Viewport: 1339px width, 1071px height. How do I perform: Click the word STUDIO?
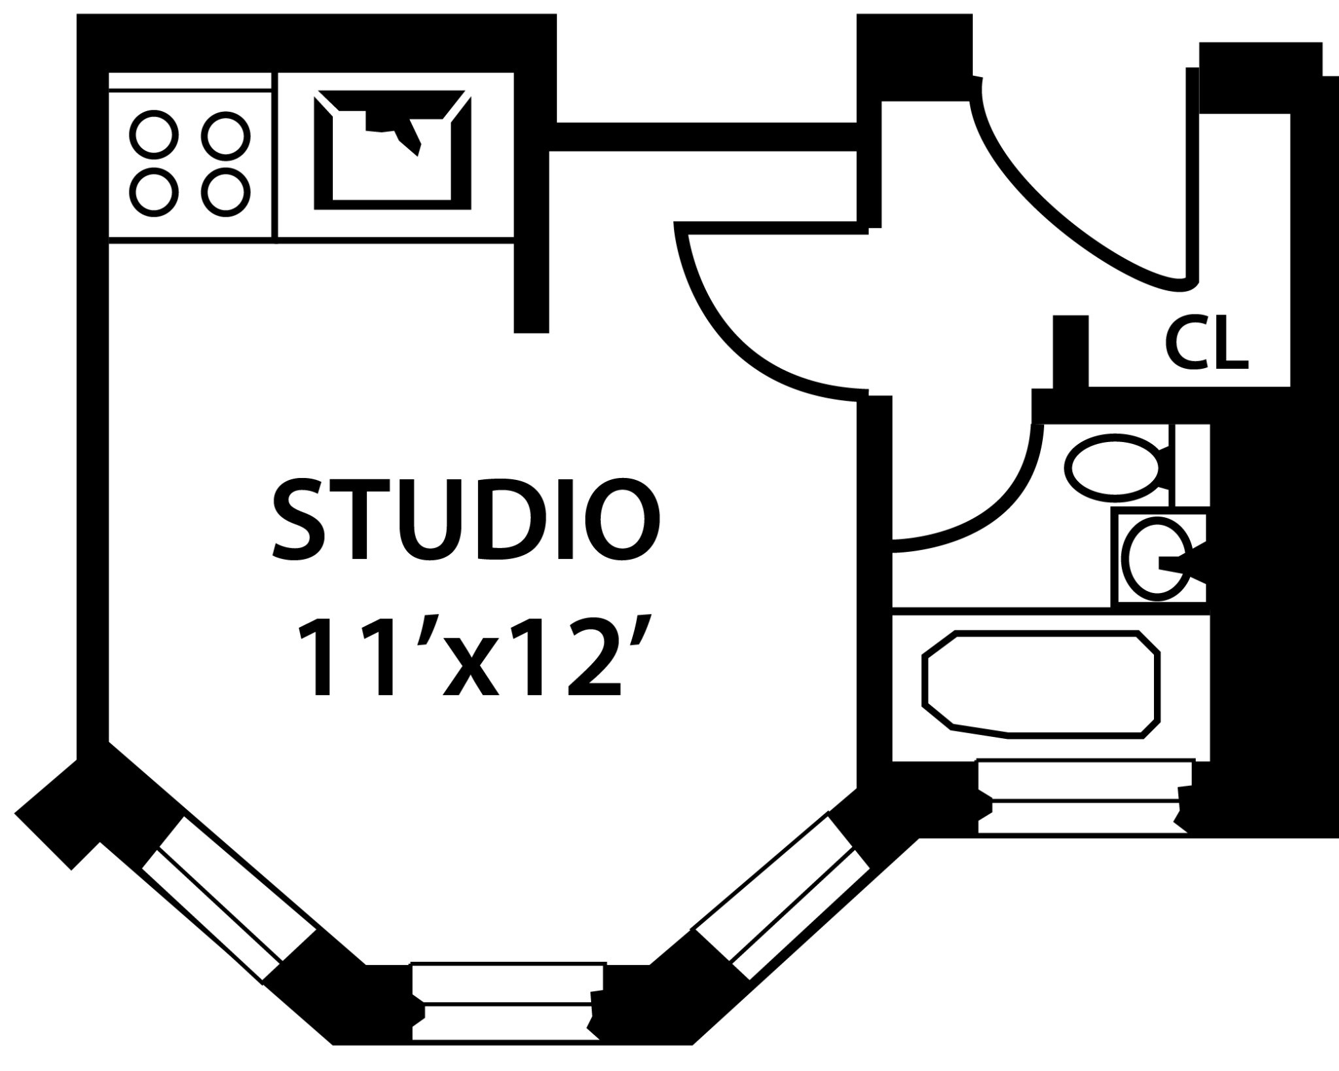coord(466,520)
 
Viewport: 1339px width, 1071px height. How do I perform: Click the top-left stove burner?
coord(154,134)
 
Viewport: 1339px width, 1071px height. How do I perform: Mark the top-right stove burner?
coord(226,134)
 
